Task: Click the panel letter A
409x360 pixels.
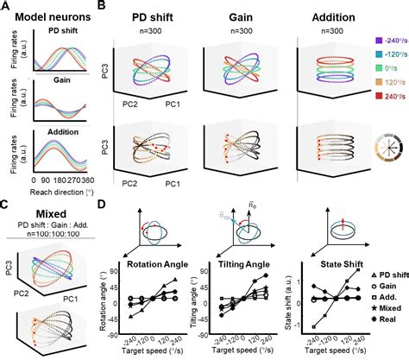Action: pyautogui.click(x=6, y=8)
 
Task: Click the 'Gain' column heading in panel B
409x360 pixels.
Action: pyautogui.click(x=239, y=15)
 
